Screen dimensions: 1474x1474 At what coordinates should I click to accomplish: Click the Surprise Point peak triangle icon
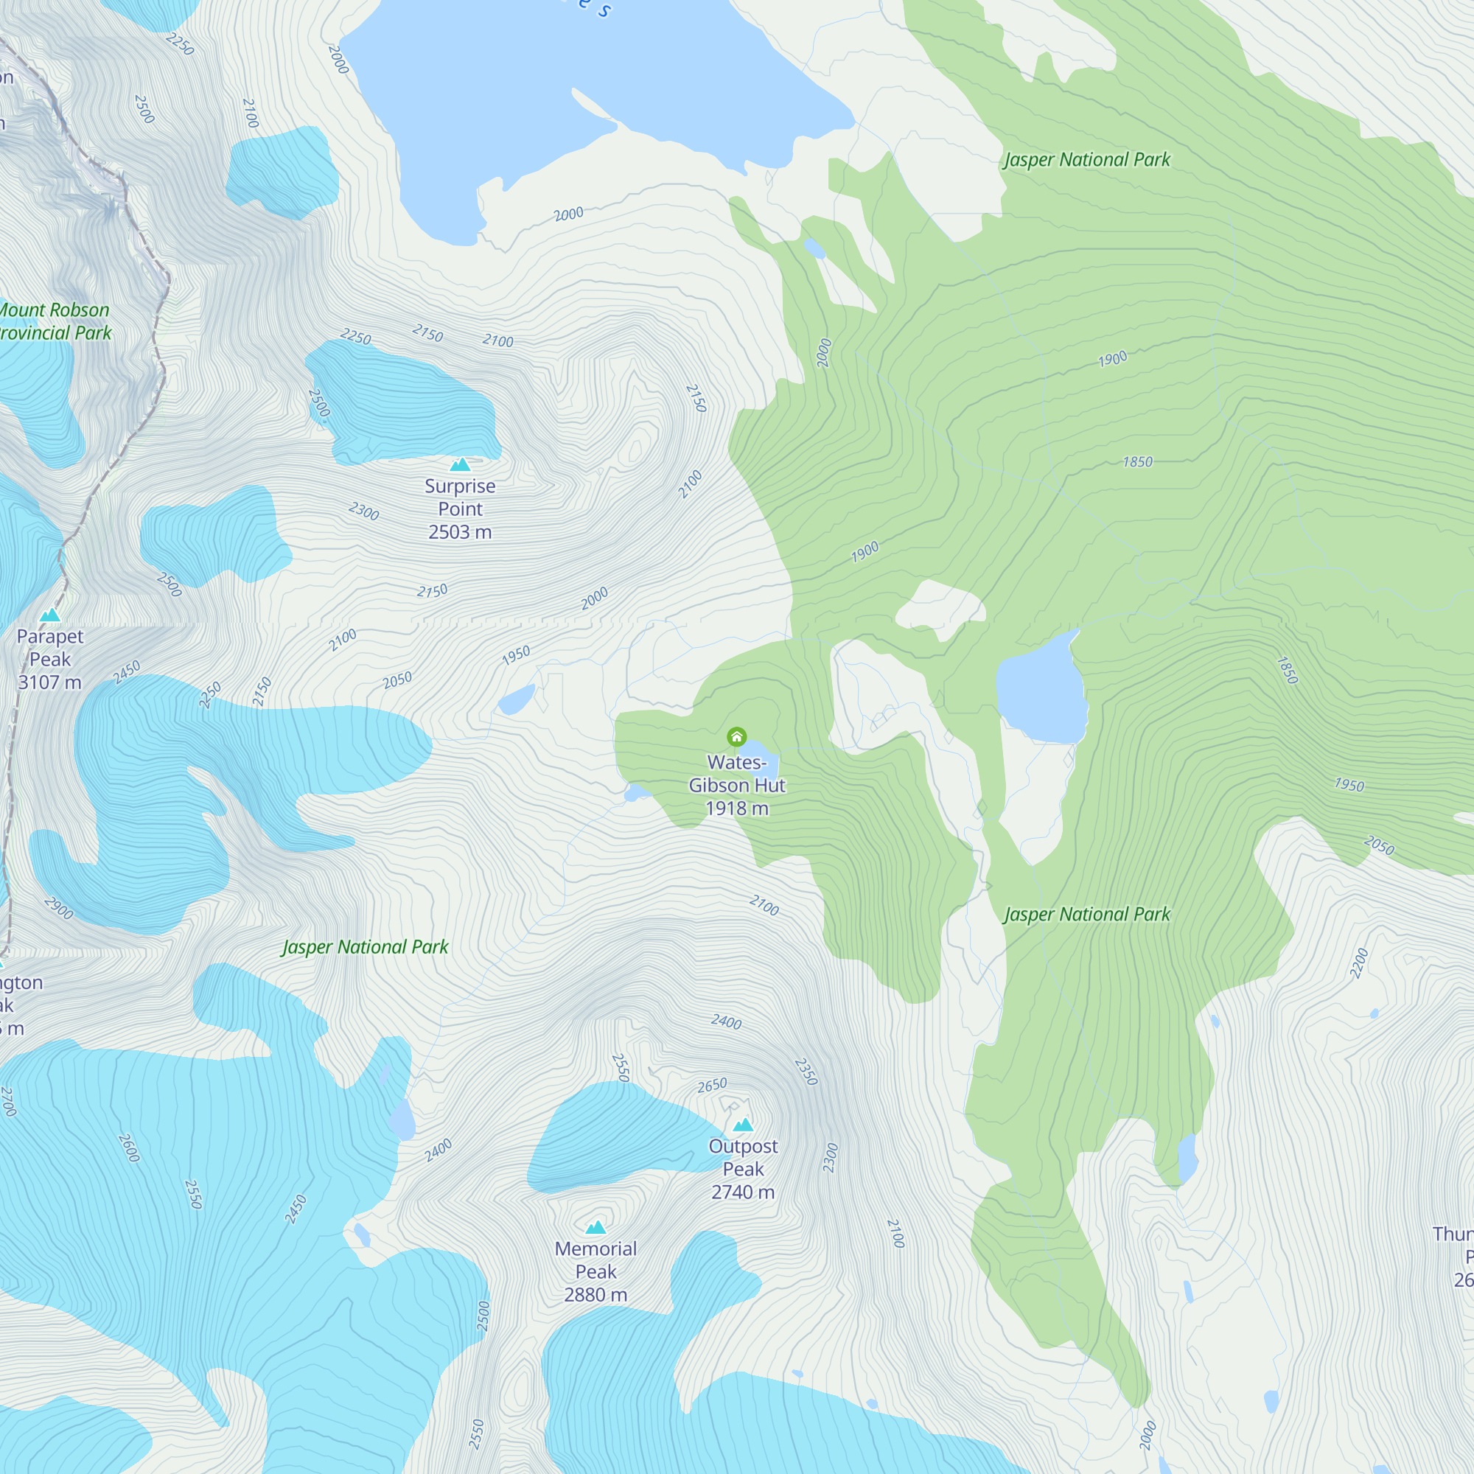(x=460, y=464)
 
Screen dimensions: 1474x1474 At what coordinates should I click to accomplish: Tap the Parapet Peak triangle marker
(x=49, y=614)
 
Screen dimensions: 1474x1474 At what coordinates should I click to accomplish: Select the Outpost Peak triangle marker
(x=743, y=1124)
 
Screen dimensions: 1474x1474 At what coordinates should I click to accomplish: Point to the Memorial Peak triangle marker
(x=595, y=1227)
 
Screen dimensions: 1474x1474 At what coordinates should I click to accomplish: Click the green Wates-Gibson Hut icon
(x=736, y=736)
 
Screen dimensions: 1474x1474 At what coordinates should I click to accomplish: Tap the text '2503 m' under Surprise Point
(x=460, y=532)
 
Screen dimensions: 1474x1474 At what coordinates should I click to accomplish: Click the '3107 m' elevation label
(x=49, y=682)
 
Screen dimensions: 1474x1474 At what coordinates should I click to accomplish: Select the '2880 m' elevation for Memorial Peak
(x=595, y=1295)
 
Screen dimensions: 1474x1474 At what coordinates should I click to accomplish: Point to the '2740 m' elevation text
(x=743, y=1192)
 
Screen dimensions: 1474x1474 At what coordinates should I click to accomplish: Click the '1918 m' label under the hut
(x=737, y=808)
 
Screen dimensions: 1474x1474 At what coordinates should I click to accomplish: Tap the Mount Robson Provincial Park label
(x=55, y=321)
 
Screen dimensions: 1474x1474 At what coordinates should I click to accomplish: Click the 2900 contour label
(x=59, y=908)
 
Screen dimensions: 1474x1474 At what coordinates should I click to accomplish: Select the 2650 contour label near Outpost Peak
(x=712, y=1085)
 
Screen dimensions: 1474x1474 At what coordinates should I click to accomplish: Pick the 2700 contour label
(x=8, y=1102)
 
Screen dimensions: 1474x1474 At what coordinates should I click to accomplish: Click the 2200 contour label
(x=1359, y=963)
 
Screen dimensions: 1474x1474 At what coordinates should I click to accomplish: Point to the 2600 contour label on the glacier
(x=129, y=1148)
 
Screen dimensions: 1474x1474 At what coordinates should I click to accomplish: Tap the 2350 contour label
(x=806, y=1072)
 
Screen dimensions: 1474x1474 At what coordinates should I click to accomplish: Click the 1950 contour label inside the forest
(x=1349, y=784)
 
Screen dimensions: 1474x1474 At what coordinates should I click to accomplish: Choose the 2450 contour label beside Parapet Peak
(x=127, y=672)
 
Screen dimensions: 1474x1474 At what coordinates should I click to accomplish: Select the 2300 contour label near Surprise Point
(x=364, y=511)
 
